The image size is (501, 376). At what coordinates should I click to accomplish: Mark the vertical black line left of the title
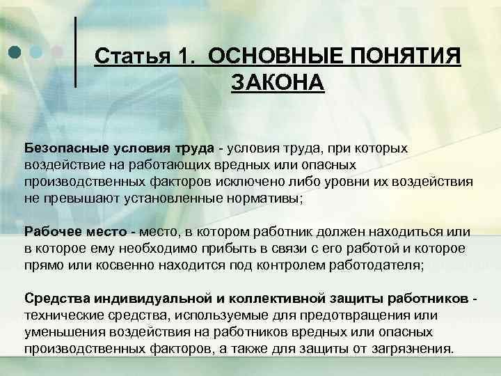(75, 52)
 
